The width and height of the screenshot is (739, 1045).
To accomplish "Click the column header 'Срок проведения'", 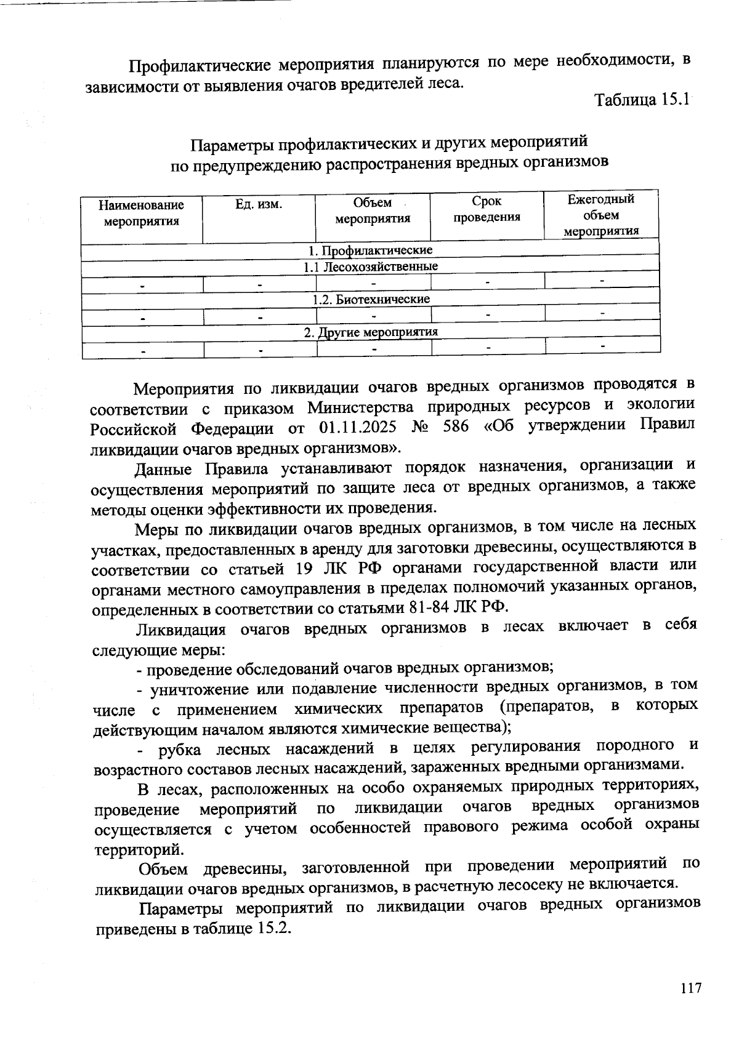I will coord(487,209).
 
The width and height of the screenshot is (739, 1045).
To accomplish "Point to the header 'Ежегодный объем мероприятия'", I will coord(601,215).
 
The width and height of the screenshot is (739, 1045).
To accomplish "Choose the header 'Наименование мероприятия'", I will coord(142,213).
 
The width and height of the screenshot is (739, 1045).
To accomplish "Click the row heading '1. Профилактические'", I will coord(370,250).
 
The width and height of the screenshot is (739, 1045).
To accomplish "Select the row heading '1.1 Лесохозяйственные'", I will coord(370,267).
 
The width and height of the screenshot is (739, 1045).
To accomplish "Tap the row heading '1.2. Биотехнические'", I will coord(370,299).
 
